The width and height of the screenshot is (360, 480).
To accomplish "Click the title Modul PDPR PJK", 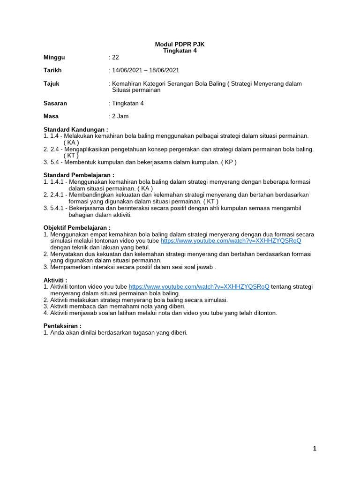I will point(180,44).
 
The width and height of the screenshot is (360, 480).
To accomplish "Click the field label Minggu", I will point(54,57).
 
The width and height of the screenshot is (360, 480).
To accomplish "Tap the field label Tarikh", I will point(52,70).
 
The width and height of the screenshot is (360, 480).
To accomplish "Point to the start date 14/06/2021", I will point(127,70).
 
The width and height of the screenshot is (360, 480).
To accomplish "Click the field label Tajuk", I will point(52,83).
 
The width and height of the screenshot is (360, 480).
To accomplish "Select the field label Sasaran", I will point(55,103).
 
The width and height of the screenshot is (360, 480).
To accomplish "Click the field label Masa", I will point(51,116).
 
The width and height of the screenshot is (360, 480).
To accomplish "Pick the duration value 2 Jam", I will point(120,116).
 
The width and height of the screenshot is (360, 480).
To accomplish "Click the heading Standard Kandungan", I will point(76,129).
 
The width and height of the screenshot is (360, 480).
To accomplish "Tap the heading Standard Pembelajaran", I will point(79,175).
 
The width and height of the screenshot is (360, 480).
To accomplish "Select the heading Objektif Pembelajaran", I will point(77,228).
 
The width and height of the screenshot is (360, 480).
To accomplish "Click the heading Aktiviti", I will point(55,280).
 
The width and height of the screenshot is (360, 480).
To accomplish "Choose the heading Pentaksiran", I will point(62,326).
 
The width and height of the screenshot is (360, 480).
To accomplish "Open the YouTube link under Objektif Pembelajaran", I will point(231,240).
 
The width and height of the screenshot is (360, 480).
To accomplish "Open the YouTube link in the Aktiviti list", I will point(199,286).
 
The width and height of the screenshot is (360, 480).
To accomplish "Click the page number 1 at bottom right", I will point(315,449).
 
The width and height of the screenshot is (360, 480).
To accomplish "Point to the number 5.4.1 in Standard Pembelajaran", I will point(57,208).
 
